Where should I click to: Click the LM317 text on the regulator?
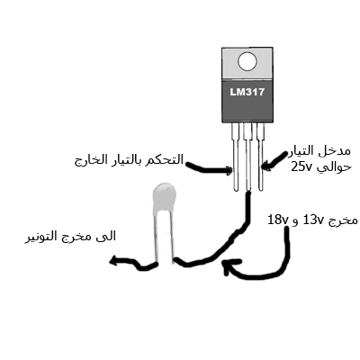(x=247, y=92)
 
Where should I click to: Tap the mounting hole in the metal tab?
(x=247, y=61)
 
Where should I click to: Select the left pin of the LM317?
(x=236, y=157)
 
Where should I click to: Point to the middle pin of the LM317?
(x=247, y=157)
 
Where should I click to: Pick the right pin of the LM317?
(x=260, y=157)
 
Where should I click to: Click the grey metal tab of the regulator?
(x=247, y=64)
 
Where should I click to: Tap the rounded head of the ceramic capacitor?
(x=164, y=197)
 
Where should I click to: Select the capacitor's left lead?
(x=157, y=237)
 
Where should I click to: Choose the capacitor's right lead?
(x=172, y=237)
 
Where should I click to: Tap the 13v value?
(x=313, y=220)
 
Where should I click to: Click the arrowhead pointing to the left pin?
(x=229, y=171)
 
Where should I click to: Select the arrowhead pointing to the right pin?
(x=266, y=166)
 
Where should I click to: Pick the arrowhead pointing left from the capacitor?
(x=114, y=261)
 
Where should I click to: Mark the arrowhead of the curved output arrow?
(x=230, y=265)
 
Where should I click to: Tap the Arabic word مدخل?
(x=339, y=151)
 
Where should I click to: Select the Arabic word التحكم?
(x=168, y=159)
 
